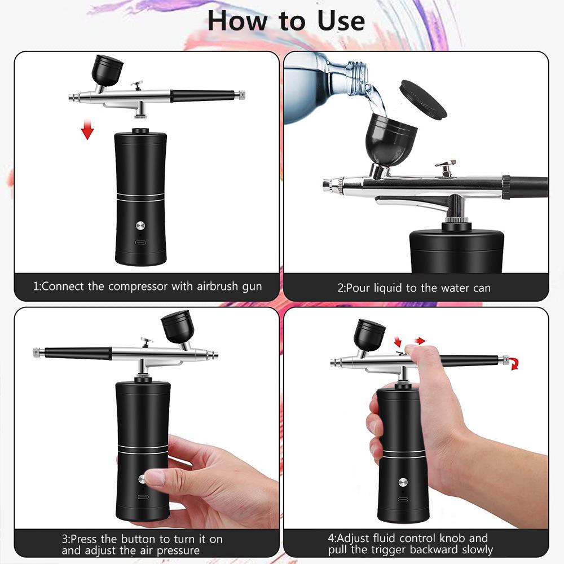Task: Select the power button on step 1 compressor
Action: click(x=140, y=226)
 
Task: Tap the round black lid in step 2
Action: click(x=422, y=99)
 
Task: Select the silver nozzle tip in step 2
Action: click(x=330, y=185)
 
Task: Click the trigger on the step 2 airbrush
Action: click(x=446, y=168)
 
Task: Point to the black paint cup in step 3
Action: click(x=177, y=330)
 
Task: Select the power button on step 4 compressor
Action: click(x=403, y=482)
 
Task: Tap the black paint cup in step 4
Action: click(x=369, y=334)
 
